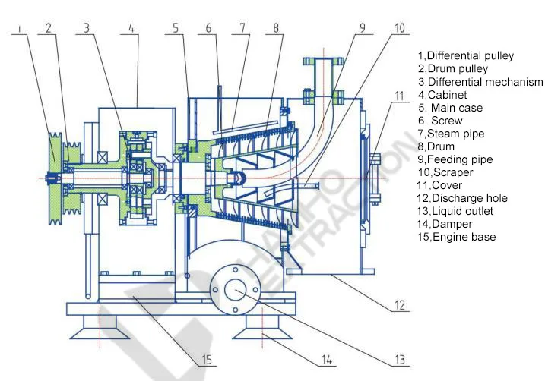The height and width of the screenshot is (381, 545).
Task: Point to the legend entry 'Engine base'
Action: click(456, 237)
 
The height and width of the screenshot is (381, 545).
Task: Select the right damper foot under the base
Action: click(262, 327)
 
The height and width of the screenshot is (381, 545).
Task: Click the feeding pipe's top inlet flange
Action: click(322, 58)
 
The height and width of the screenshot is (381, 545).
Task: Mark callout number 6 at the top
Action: click(208, 28)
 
